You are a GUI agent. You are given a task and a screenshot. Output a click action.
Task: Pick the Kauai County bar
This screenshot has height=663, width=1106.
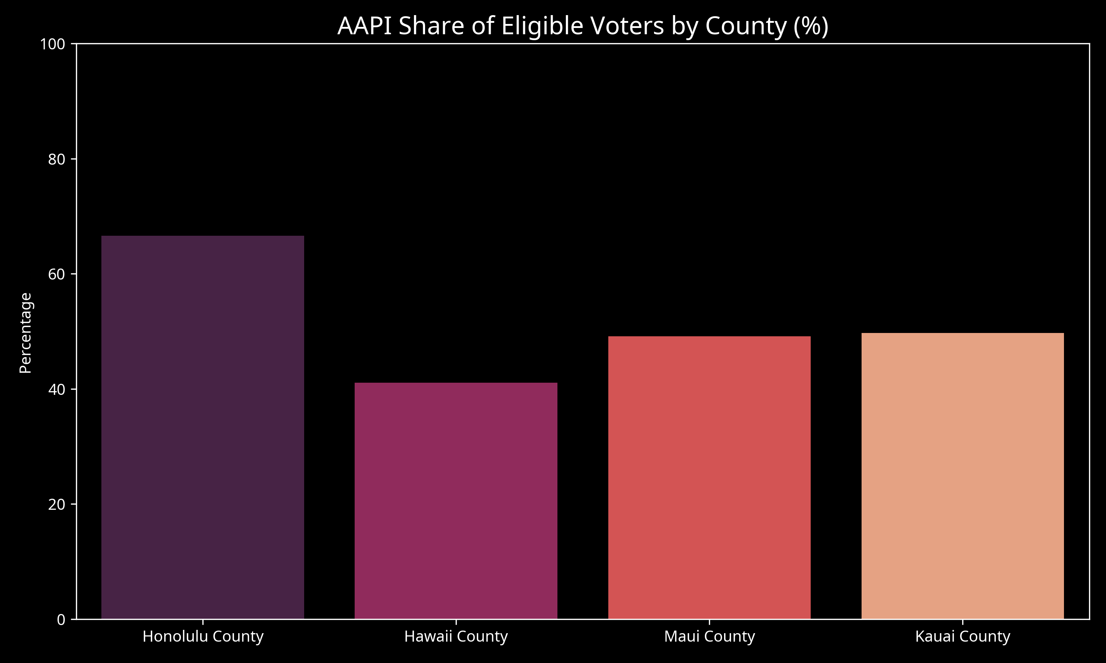coord(963,476)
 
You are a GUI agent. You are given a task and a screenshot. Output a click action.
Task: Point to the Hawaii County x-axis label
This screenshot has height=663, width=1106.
coord(456,636)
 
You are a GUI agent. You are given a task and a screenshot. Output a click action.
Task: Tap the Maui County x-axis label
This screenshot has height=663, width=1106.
coord(709,636)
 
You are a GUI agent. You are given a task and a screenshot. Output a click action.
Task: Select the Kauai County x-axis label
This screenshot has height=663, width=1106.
coord(963,636)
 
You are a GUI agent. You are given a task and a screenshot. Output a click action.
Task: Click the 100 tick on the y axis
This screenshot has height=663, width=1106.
coord(52,44)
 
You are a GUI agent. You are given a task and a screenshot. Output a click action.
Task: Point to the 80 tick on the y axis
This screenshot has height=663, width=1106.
coord(56,159)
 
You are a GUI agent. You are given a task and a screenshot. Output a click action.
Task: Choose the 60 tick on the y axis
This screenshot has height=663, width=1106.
coord(56,274)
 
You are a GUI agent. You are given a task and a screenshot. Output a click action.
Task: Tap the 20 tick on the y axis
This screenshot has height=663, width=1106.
coord(56,504)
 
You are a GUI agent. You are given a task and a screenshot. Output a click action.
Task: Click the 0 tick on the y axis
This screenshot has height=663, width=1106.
coord(61,620)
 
